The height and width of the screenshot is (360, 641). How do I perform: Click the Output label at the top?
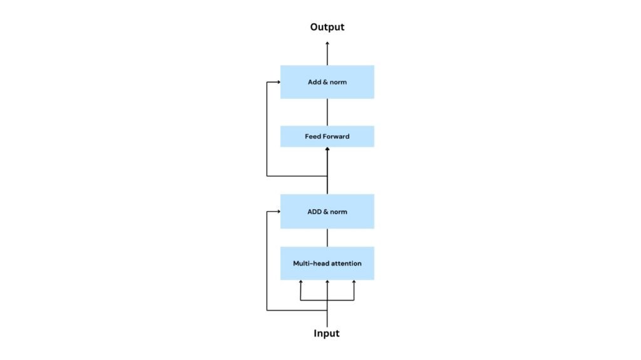pyautogui.click(x=327, y=27)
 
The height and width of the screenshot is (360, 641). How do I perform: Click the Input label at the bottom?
pyautogui.click(x=326, y=333)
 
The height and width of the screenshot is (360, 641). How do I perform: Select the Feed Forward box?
pyautogui.click(x=327, y=136)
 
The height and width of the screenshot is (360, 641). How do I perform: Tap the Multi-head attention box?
pyautogui.click(x=327, y=264)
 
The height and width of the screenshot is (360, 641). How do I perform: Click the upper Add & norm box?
pyautogui.click(x=327, y=82)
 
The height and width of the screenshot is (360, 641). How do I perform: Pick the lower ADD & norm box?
pyautogui.click(x=327, y=212)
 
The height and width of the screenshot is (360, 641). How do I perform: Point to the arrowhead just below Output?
pyautogui.click(x=327, y=43)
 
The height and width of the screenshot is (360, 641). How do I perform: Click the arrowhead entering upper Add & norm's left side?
pyautogui.click(x=277, y=82)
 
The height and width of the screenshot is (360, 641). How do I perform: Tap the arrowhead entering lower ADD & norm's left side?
pyautogui.click(x=277, y=212)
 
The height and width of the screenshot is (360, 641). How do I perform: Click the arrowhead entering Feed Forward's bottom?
pyautogui.click(x=327, y=150)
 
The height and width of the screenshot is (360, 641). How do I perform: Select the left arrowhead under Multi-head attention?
pyautogui.click(x=300, y=282)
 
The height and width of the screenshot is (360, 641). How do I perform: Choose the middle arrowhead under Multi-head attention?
pyautogui.click(x=327, y=282)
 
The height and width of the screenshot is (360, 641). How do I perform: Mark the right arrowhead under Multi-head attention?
pyautogui.click(x=354, y=282)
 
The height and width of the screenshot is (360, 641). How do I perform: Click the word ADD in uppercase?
pyautogui.click(x=314, y=212)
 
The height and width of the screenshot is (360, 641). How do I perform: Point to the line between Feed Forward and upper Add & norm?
pyautogui.click(x=327, y=112)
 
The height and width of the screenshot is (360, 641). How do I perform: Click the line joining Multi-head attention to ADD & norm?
pyautogui.click(x=327, y=237)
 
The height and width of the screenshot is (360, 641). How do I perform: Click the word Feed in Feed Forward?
pyautogui.click(x=312, y=136)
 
